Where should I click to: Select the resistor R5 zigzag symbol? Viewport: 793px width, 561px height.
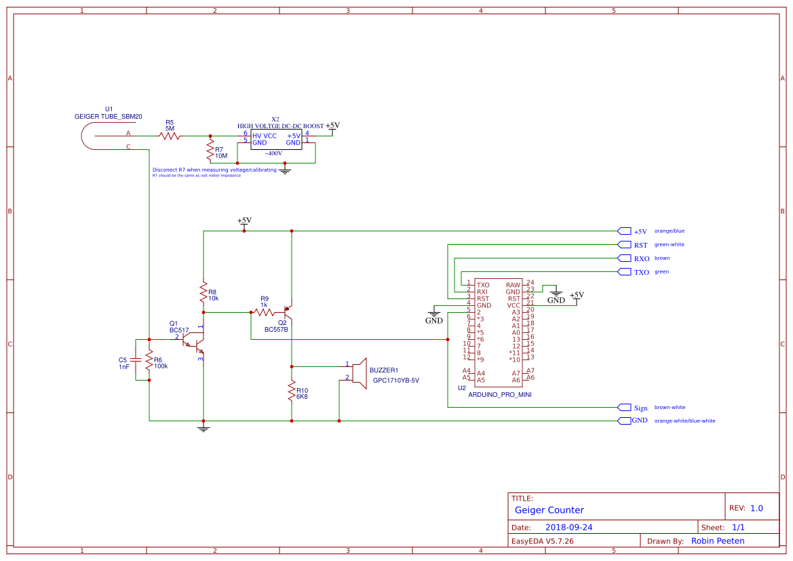coord(170,136)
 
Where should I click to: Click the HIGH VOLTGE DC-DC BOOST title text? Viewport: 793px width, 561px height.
coord(280,126)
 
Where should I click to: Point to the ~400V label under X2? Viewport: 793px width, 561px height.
coord(273,153)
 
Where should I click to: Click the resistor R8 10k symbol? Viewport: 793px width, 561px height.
coord(203,292)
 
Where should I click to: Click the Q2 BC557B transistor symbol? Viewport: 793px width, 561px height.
coord(288,313)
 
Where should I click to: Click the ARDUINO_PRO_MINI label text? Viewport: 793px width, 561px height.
coord(499,394)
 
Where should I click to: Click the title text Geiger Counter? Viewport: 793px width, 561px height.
coord(549,510)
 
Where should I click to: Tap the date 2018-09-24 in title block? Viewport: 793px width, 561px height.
coord(568,527)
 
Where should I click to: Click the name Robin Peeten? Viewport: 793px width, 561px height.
coord(717,541)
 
